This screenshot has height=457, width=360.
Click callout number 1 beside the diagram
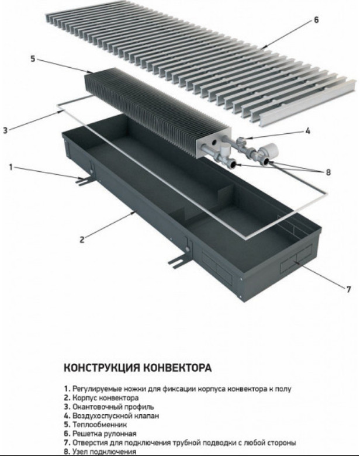click(11, 167)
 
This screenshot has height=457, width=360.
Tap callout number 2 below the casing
click(82, 238)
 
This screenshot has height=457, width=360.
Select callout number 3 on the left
click(5, 130)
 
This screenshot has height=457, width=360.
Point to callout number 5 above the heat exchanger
click(33, 58)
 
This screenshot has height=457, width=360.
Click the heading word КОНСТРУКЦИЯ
click(100, 368)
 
